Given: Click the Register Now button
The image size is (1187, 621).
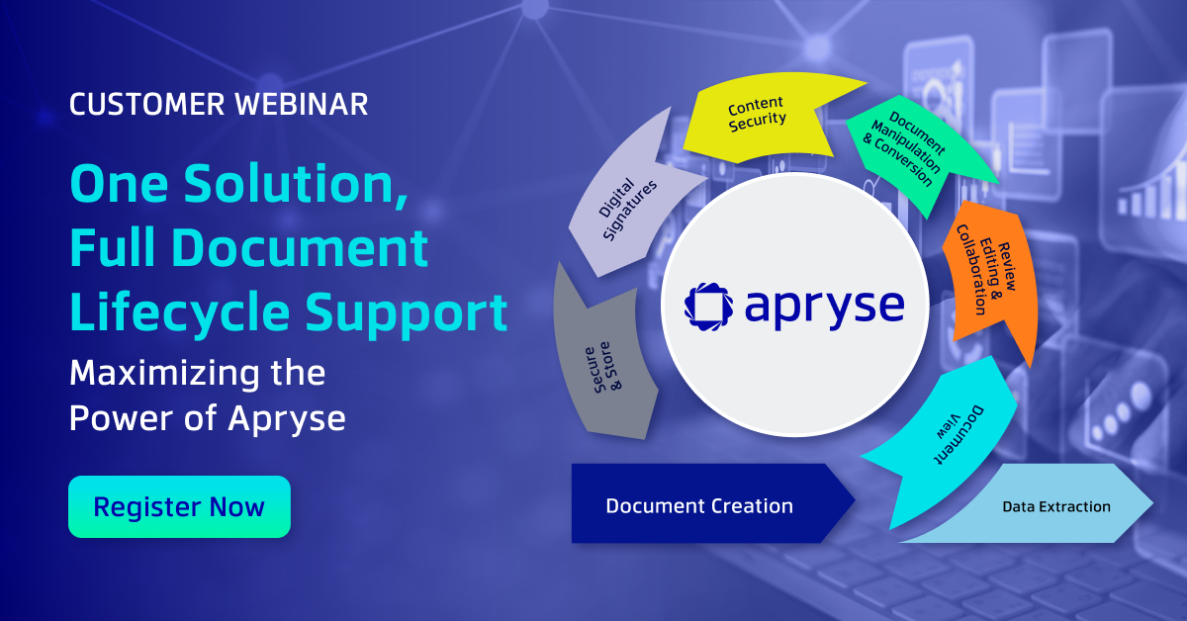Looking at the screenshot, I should [x=179, y=507].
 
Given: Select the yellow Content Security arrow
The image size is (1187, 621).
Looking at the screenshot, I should [x=757, y=116].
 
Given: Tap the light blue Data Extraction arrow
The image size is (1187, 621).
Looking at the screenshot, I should [x=1055, y=506].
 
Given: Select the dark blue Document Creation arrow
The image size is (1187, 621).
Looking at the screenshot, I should [x=700, y=505].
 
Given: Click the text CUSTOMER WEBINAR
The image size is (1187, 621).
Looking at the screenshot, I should [x=219, y=105].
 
